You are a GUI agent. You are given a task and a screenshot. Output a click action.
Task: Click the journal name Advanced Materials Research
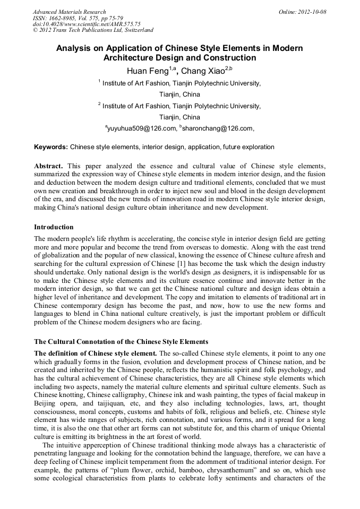pos(69,12)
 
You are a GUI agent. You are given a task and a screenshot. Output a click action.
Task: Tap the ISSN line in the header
pos(78,18)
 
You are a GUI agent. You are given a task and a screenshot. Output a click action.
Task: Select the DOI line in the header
pos(87,24)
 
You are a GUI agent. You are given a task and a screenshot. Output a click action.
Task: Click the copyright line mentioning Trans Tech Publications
pos(93,30)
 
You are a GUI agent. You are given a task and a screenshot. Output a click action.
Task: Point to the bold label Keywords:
pos(51,146)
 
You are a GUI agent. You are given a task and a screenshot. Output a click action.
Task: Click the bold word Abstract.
pos(48,166)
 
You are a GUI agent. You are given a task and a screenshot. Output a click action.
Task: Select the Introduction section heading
pos(54,227)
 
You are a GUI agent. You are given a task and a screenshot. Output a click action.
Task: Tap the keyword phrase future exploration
pos(248,146)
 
